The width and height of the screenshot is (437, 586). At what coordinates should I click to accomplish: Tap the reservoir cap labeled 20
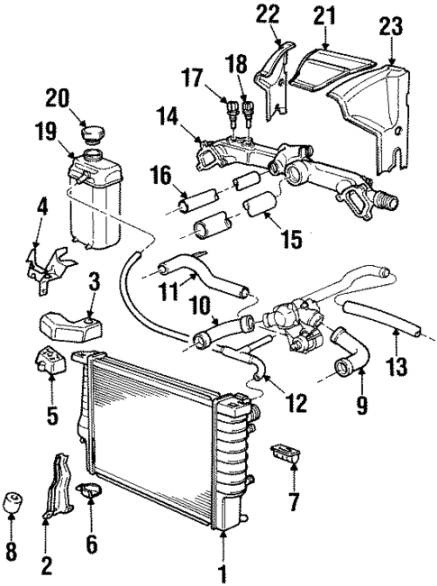(x=91, y=136)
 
